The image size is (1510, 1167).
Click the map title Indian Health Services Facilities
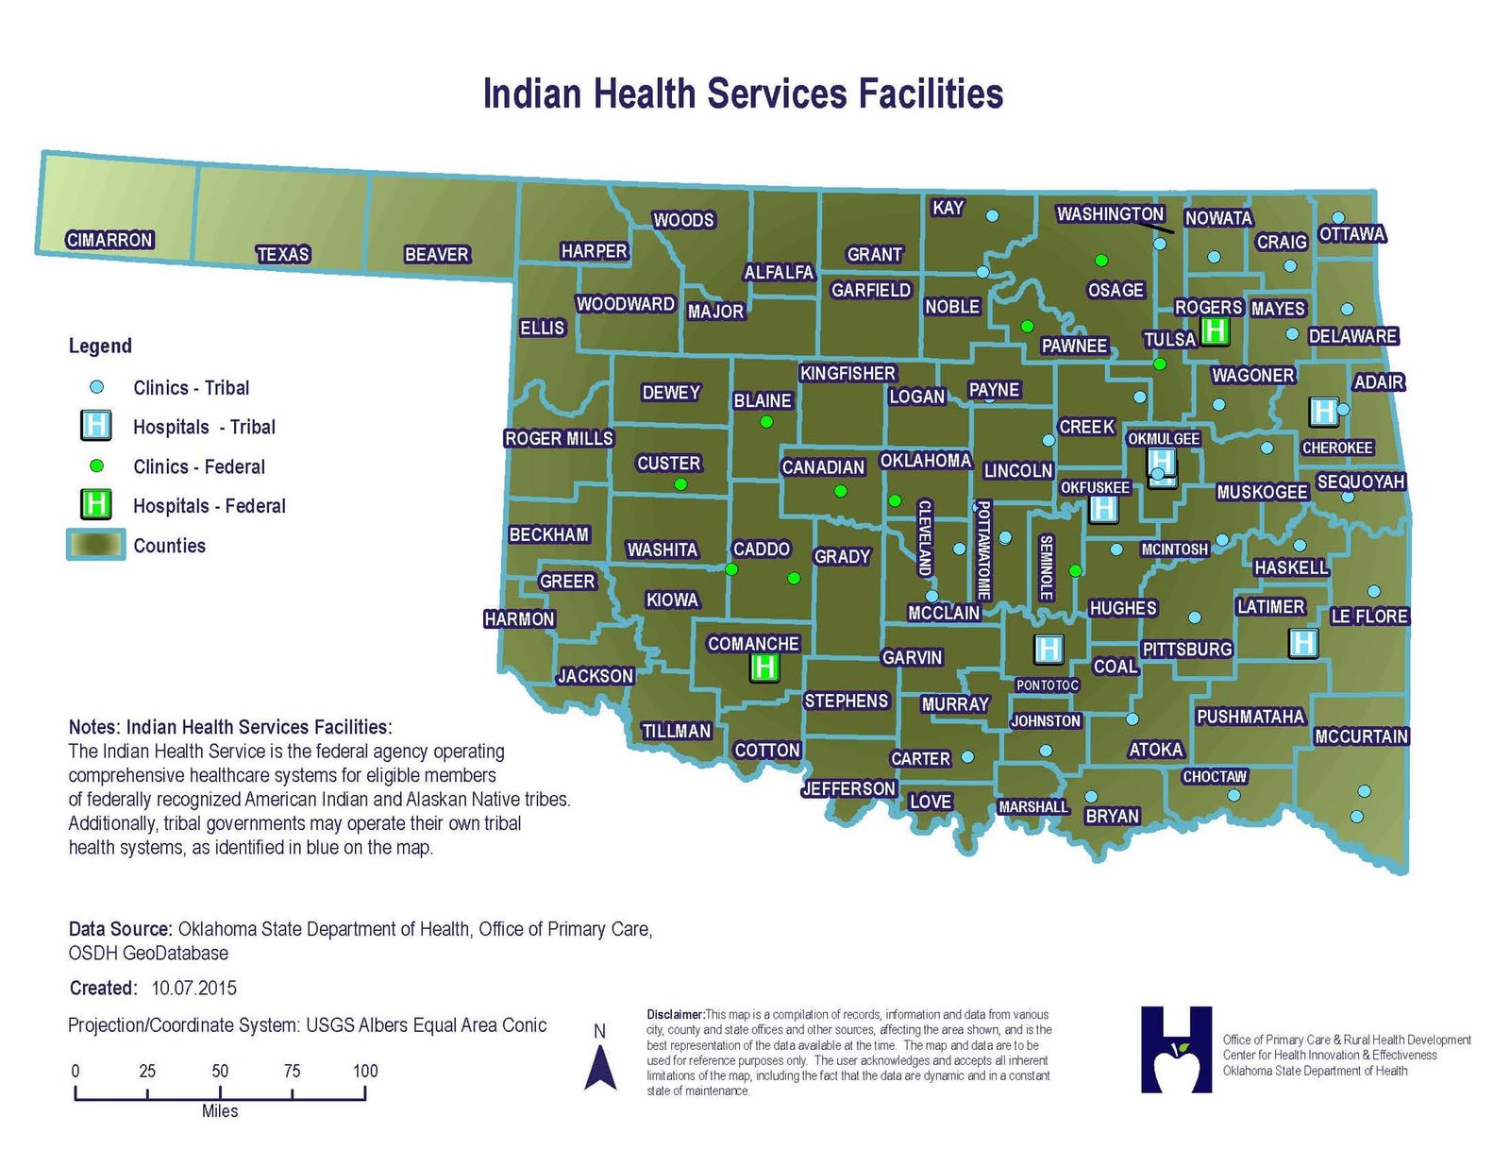click(x=743, y=94)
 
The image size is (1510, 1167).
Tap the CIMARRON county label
click(x=109, y=240)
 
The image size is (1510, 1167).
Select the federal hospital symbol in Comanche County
click(x=763, y=668)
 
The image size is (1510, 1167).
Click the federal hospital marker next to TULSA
click(x=1215, y=330)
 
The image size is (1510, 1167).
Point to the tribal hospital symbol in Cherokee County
click(x=1323, y=411)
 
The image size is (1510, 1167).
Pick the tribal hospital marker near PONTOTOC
click(x=1049, y=649)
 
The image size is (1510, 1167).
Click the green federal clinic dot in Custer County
click(x=680, y=484)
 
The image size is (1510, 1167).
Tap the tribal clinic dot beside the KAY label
click(x=992, y=215)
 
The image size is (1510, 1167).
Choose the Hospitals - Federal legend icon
click(x=95, y=504)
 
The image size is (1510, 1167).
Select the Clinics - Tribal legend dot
click(x=95, y=387)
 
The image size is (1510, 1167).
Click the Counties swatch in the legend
click(x=95, y=545)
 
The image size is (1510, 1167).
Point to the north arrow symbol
click(x=600, y=1068)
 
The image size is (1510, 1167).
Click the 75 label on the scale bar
click(x=292, y=1071)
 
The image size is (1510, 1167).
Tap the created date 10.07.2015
click(x=193, y=989)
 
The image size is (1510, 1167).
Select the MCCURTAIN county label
click(x=1361, y=736)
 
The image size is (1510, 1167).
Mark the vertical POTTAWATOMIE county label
click(x=982, y=550)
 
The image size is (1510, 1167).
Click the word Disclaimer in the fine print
click(x=675, y=1015)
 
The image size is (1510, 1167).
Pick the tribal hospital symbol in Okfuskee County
click(x=1102, y=509)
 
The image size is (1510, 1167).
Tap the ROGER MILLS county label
click(x=559, y=438)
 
